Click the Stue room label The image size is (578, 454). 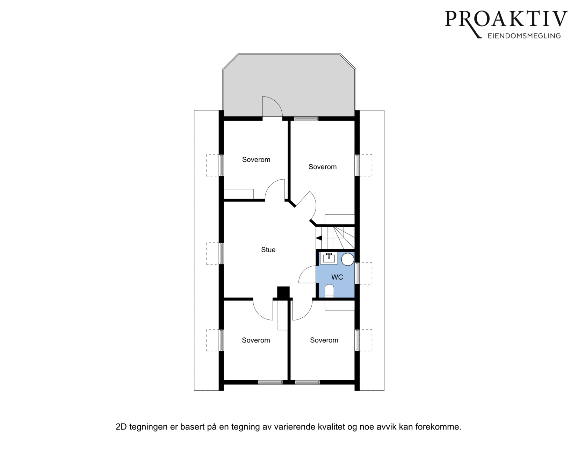(268, 250)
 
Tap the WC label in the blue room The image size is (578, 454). (337, 277)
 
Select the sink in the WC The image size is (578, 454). (329, 258)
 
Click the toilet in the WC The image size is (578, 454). (329, 291)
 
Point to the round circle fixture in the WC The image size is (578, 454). (347, 259)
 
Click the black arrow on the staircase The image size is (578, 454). (319, 238)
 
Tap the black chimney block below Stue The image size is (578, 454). (283, 293)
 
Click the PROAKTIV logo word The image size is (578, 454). (506, 19)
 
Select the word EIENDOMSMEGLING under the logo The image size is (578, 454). (524, 36)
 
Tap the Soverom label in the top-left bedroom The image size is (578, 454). (256, 160)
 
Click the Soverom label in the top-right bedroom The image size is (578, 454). (323, 167)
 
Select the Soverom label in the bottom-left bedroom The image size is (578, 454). (256, 340)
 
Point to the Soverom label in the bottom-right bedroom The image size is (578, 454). (324, 340)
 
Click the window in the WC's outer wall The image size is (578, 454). (357, 273)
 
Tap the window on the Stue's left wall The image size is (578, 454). (221, 253)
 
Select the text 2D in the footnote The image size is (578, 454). (121, 427)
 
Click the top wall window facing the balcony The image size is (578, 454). (306, 118)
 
